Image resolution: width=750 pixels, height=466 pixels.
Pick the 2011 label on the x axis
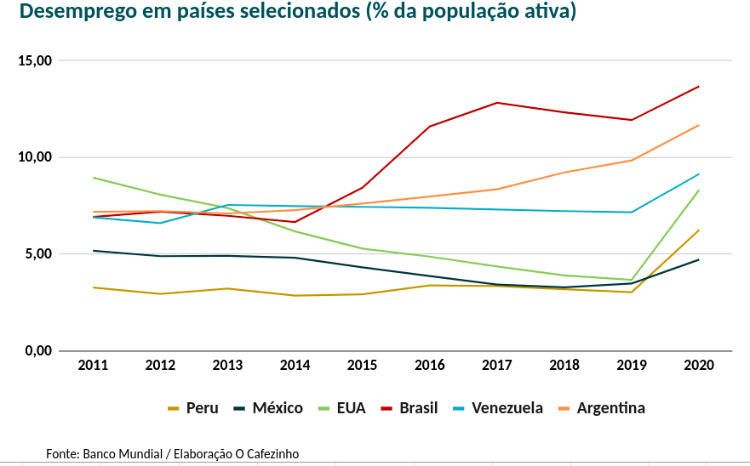coord(93,365)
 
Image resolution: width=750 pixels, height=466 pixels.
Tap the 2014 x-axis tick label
coord(295,365)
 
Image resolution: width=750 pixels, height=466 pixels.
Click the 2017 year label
coord(496,365)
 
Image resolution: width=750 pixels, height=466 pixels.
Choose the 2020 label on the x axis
coord(698,365)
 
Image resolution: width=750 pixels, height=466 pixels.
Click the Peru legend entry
coord(202,408)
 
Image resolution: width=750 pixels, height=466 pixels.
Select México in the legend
coord(277,408)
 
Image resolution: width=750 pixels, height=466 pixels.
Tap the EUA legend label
coord(351,408)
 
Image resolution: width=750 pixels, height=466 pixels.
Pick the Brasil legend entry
coord(418,408)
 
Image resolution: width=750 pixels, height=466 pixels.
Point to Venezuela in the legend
coord(507,408)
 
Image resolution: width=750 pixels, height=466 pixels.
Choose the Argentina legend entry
coord(610,408)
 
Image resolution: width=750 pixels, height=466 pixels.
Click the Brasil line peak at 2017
coord(497,103)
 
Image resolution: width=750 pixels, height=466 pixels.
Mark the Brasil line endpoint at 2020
coord(699,87)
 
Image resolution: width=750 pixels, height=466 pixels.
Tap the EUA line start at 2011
coord(93,178)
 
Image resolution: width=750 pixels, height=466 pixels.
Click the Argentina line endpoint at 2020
coord(699,126)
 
